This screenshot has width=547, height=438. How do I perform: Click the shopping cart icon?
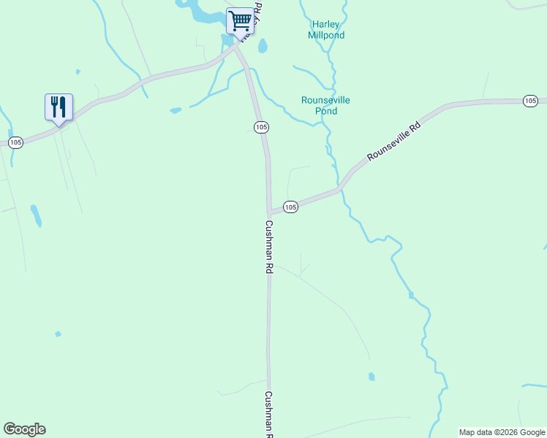pyautogui.click(x=240, y=20)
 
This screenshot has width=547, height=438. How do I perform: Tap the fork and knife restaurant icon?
pyautogui.click(x=59, y=107)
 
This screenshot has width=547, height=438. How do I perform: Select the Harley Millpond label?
pyautogui.click(x=324, y=29)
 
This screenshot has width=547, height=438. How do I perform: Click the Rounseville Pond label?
pyautogui.click(x=325, y=105)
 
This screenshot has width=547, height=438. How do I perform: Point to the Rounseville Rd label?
pyautogui.click(x=394, y=142)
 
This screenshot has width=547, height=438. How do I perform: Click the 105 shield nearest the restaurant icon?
pyautogui.click(x=16, y=142)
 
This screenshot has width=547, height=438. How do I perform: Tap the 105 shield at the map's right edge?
pyautogui.click(x=531, y=101)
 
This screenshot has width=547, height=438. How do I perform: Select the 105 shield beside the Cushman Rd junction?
pyautogui.click(x=290, y=207)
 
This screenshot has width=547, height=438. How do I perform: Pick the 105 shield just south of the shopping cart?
pyautogui.click(x=261, y=127)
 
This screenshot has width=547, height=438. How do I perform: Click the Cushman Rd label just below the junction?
pyautogui.click(x=269, y=247)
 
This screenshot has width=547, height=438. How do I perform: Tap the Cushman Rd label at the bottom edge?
pyautogui.click(x=269, y=414)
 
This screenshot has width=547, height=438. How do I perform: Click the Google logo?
pyautogui.click(x=24, y=429)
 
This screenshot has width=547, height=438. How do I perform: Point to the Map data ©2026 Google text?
pyautogui.click(x=502, y=432)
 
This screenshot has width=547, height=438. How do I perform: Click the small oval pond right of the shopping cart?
pyautogui.click(x=263, y=46)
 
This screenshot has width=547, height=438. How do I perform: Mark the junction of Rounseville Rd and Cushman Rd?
pyautogui.click(x=270, y=212)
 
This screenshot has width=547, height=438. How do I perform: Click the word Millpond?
pyautogui.click(x=325, y=35)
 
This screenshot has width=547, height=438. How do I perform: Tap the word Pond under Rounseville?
pyautogui.click(x=326, y=111)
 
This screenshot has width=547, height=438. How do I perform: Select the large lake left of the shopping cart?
pyautogui.click(x=196, y=11)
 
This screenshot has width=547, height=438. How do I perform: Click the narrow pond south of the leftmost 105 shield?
pyautogui.click(x=36, y=215)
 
